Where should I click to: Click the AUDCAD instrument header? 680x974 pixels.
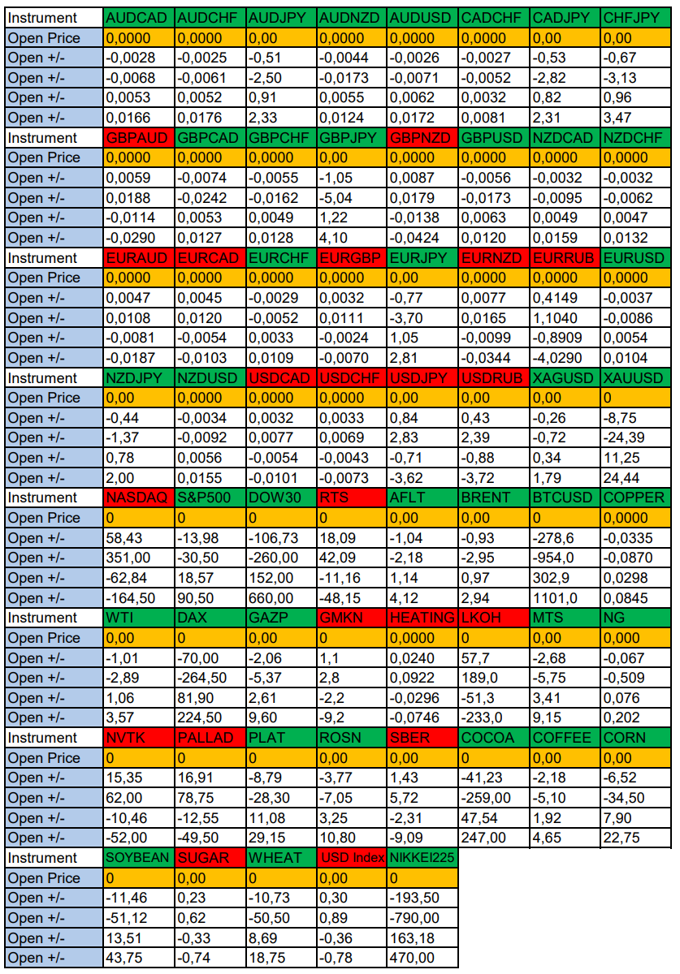coord(138,18)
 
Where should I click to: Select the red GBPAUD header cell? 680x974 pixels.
coord(138,138)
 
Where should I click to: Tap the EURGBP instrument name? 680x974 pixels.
coord(351,258)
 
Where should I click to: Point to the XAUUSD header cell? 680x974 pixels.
coord(634,378)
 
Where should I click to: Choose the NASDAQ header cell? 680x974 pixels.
coord(138,498)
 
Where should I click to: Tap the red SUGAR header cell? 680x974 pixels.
coord(210,858)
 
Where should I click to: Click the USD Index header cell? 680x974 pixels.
coord(351,858)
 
